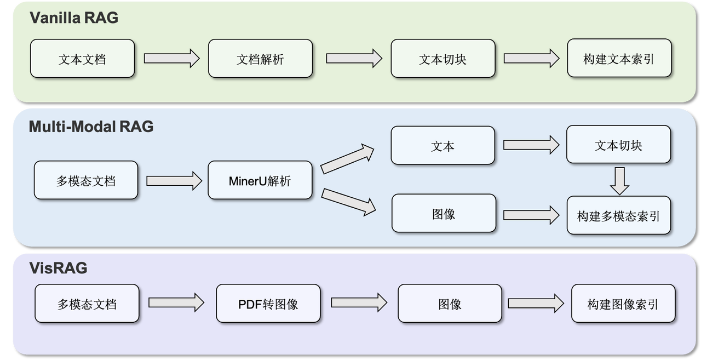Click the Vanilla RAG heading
point(73,18)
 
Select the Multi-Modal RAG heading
point(91,127)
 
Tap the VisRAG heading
point(58,268)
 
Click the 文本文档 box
point(82,59)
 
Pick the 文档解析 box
point(260,59)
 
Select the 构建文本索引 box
point(619,59)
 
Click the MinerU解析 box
point(260,180)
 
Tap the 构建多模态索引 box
point(618,215)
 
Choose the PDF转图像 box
point(268,304)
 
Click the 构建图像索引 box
point(623,304)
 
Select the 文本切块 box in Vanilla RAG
point(443,59)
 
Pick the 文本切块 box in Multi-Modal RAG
point(618,145)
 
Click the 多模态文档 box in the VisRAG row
point(87,304)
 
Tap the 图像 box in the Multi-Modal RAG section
point(444,214)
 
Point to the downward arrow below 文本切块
point(619,181)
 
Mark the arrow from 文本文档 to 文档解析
point(171,59)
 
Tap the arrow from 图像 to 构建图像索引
point(536,304)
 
